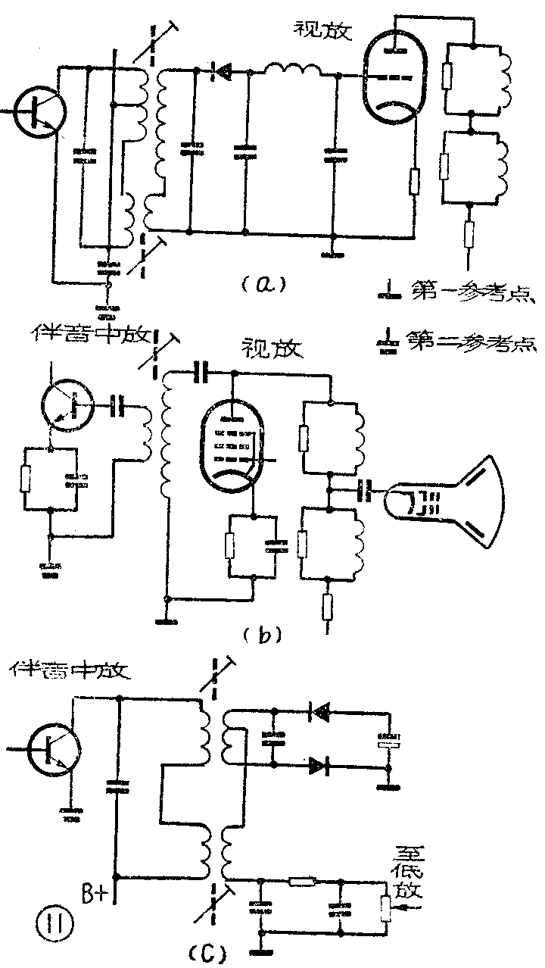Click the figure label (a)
tap(260, 285)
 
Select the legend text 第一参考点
tap(461, 292)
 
